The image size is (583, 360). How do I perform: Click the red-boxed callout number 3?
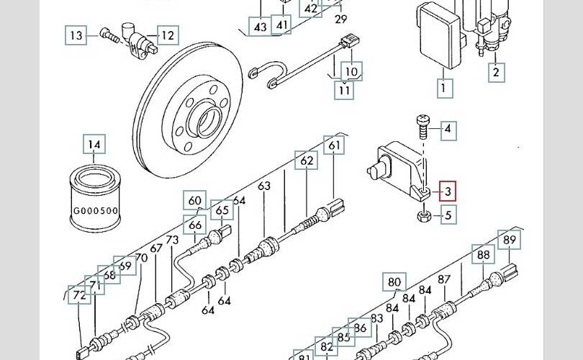(448, 191)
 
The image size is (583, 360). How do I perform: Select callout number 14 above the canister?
(94, 145)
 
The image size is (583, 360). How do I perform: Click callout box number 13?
(76, 35)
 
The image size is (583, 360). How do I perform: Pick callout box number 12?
(167, 35)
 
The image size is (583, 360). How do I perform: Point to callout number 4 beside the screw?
(447, 130)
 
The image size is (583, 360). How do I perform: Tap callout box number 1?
(444, 89)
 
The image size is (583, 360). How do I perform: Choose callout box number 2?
(496, 71)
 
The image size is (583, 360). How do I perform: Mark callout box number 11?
(345, 90)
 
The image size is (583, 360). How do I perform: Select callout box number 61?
(334, 145)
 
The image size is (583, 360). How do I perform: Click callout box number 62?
(307, 160)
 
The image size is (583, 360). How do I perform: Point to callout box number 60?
(195, 200)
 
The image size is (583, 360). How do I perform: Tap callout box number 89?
(510, 240)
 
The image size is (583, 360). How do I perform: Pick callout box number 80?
(394, 282)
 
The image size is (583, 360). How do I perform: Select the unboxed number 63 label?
(264, 186)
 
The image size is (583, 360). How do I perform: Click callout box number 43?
(260, 27)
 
